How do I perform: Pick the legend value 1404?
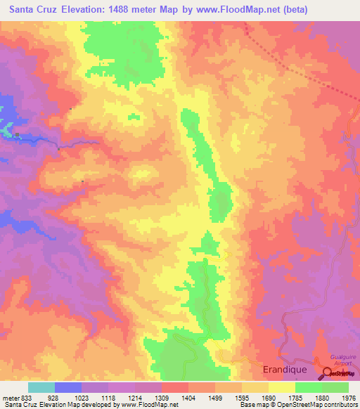coord(188,398)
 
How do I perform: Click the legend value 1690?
coord(268,398)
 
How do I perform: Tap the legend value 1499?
coord(214,398)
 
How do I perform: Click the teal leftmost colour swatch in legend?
coord(41,387)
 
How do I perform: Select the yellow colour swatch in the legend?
coord(281,387)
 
